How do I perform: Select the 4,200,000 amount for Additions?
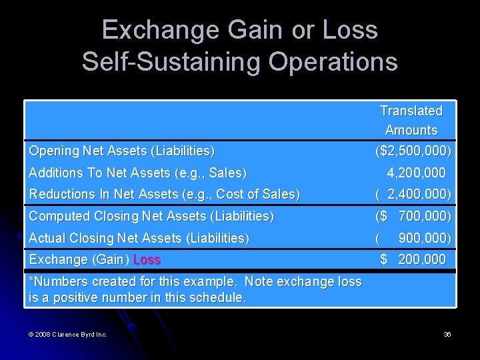pyautogui.click(x=416, y=173)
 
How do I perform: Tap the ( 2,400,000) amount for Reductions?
pyautogui.click(x=413, y=195)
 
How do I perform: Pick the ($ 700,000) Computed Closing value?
pyautogui.click(x=413, y=217)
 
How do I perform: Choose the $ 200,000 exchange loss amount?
pyautogui.click(x=413, y=259)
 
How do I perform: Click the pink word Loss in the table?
pyautogui.click(x=147, y=260)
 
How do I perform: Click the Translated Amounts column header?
pyautogui.click(x=411, y=120)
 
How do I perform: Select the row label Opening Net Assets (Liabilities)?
pyautogui.click(x=121, y=151)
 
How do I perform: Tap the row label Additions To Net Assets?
pyautogui.click(x=137, y=173)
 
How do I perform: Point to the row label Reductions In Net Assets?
pyautogui.click(x=164, y=195)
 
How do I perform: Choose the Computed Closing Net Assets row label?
pyautogui.click(x=151, y=217)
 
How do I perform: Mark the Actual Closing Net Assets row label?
pyautogui.click(x=139, y=238)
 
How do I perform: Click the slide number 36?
pyautogui.click(x=447, y=334)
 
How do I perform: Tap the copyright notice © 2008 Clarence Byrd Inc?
pyautogui.click(x=67, y=334)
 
